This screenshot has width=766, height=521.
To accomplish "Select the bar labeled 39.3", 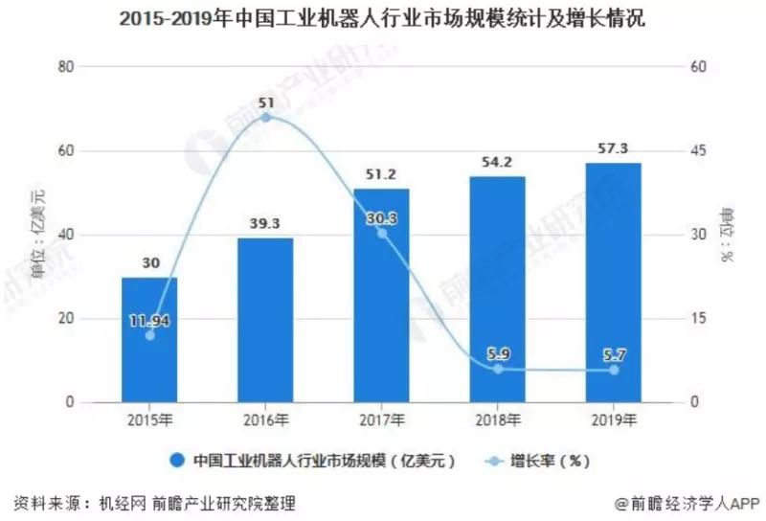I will click(265, 321).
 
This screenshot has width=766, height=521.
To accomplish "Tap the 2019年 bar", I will click(614, 283).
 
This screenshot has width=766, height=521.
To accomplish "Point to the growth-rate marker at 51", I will click(266, 118).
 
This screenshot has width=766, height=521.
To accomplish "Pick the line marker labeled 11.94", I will click(149, 335).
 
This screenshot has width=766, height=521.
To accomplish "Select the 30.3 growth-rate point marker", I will click(382, 233).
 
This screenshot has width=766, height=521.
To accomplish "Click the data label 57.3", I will click(614, 150).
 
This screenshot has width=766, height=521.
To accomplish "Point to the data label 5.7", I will click(614, 354).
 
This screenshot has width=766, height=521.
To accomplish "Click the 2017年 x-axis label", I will click(382, 420).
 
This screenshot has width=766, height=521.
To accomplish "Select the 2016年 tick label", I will click(265, 420).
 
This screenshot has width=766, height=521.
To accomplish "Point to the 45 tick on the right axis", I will click(698, 151).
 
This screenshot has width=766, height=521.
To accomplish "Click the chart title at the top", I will click(382, 20).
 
